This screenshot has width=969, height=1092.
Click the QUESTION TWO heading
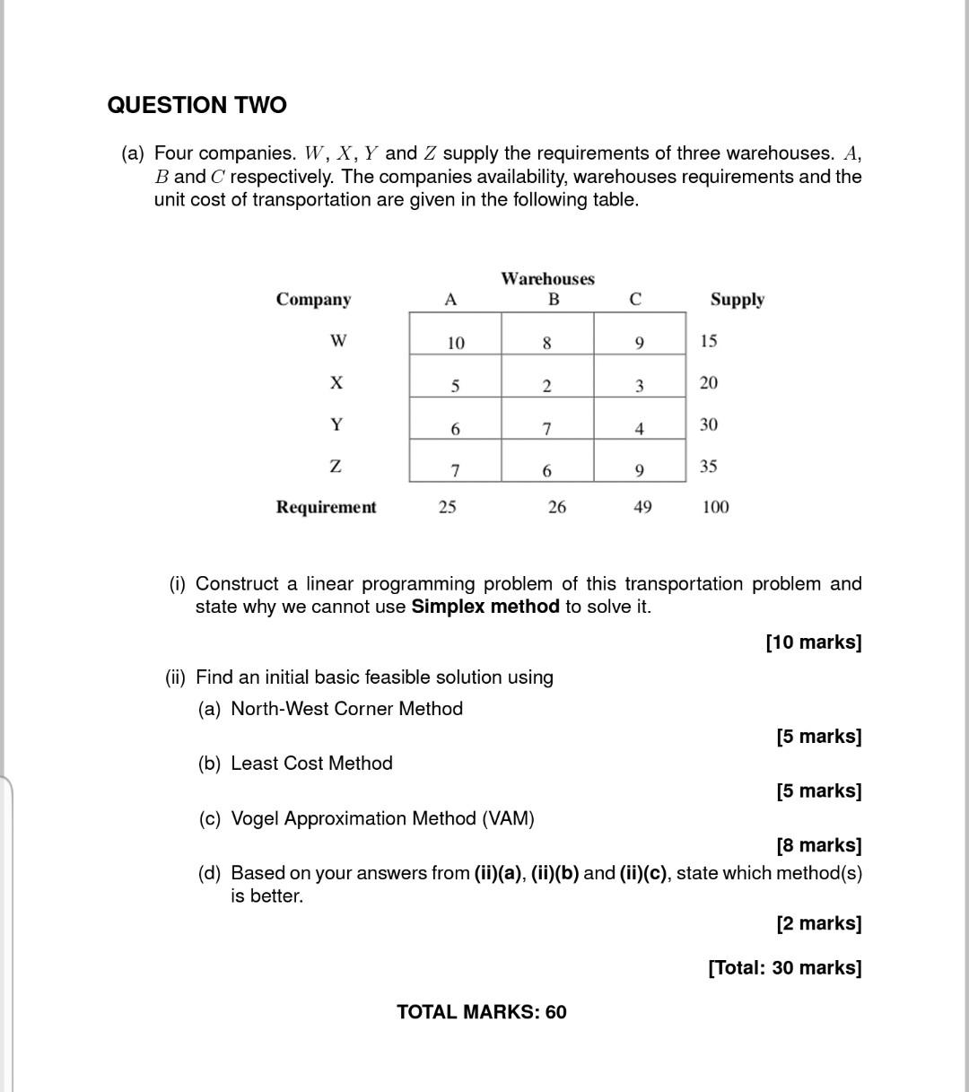[196, 105]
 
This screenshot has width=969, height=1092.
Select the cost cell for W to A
[456, 342]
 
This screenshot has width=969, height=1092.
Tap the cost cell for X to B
[546, 386]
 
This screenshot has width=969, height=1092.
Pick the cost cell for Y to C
[639, 428]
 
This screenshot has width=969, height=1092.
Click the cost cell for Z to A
[455, 469]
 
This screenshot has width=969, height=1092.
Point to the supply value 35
[709, 467]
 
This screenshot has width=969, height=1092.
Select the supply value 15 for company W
[709, 341]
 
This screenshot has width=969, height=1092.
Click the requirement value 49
[642, 507]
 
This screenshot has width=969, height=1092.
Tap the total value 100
[715, 507]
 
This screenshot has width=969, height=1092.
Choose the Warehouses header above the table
[547, 279]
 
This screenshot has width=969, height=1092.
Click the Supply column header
[737, 300]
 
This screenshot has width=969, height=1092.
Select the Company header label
[313, 300]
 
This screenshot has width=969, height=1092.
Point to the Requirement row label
[326, 507]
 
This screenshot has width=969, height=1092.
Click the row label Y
[336, 424]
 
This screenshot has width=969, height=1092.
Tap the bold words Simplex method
[484, 607]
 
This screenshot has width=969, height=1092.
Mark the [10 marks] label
[813, 642]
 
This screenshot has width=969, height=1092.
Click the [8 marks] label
[818, 845]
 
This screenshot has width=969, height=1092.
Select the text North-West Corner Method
[346, 709]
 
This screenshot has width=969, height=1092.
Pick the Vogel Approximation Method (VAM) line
[382, 818]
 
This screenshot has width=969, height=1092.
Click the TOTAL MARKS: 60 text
[482, 1012]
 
